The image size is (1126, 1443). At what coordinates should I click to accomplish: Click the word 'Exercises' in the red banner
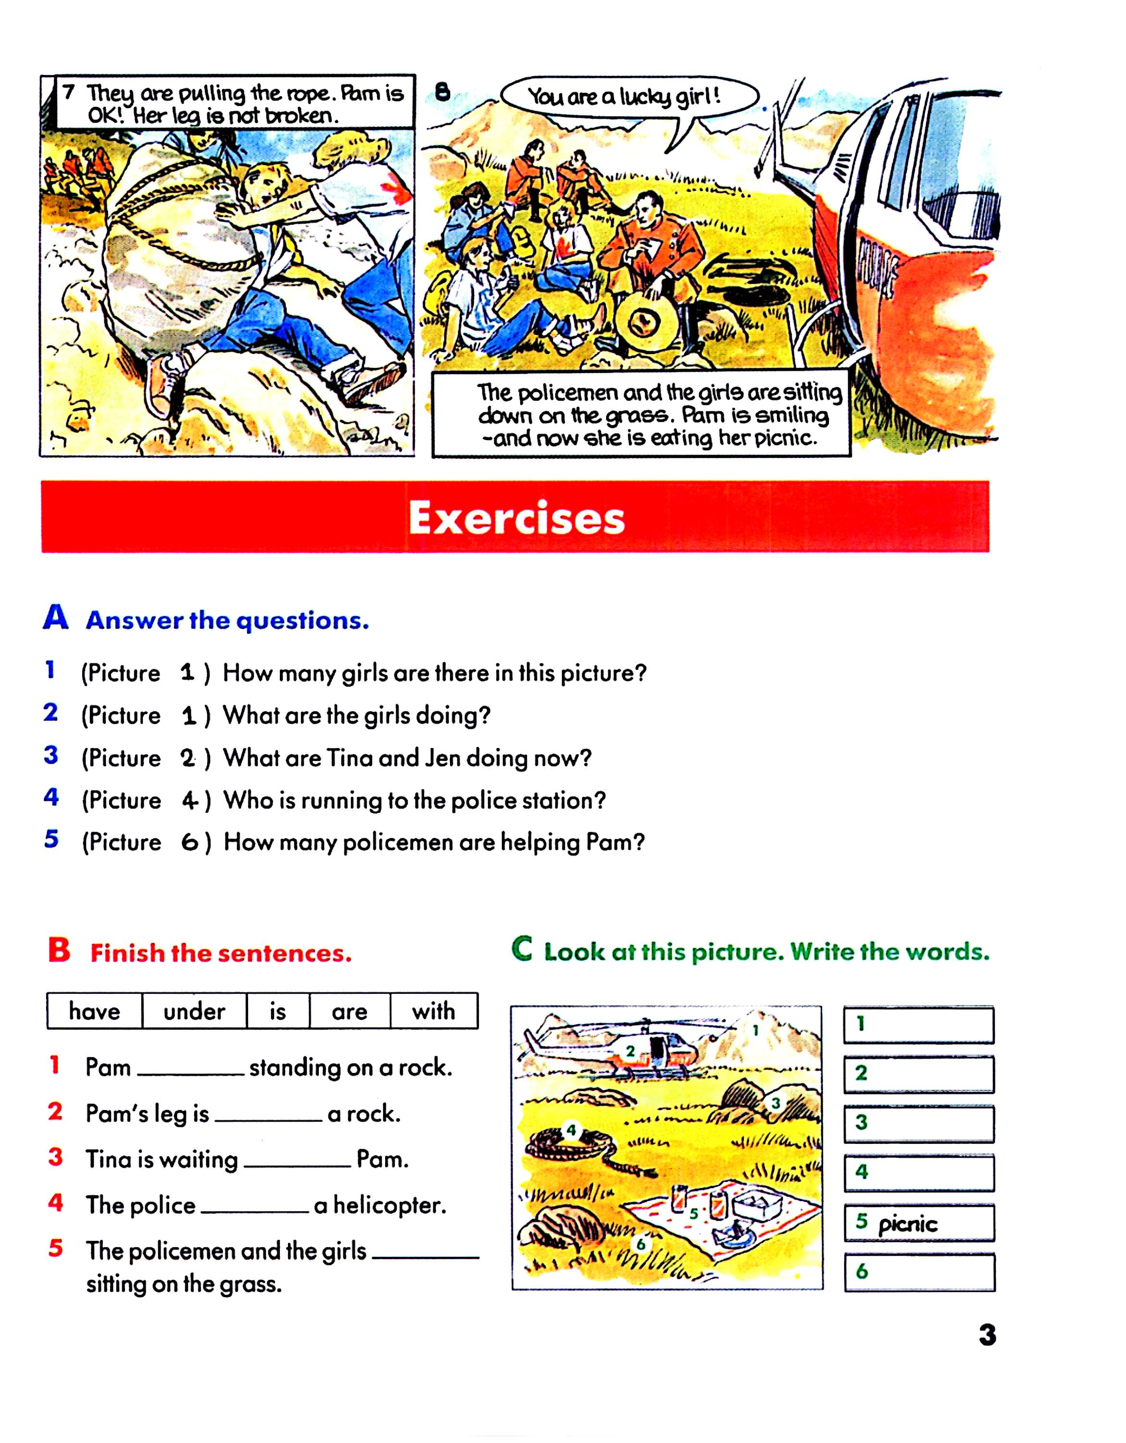pyautogui.click(x=516, y=518)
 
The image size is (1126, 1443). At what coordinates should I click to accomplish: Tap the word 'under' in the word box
pyautogui.click(x=194, y=1012)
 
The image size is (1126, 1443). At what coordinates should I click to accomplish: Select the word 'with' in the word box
pyautogui.click(x=433, y=1012)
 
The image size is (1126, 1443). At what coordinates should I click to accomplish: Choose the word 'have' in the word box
pyautogui.click(x=94, y=1012)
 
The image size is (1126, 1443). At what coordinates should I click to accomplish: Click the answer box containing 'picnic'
pyautogui.click(x=919, y=1224)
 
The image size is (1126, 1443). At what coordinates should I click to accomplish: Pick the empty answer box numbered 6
pyautogui.click(x=919, y=1273)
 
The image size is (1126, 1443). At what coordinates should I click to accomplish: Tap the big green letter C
pyautogui.click(x=522, y=949)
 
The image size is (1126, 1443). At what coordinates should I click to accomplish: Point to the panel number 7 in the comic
pyautogui.click(x=69, y=91)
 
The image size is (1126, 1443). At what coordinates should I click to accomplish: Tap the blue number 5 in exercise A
pyautogui.click(x=51, y=839)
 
